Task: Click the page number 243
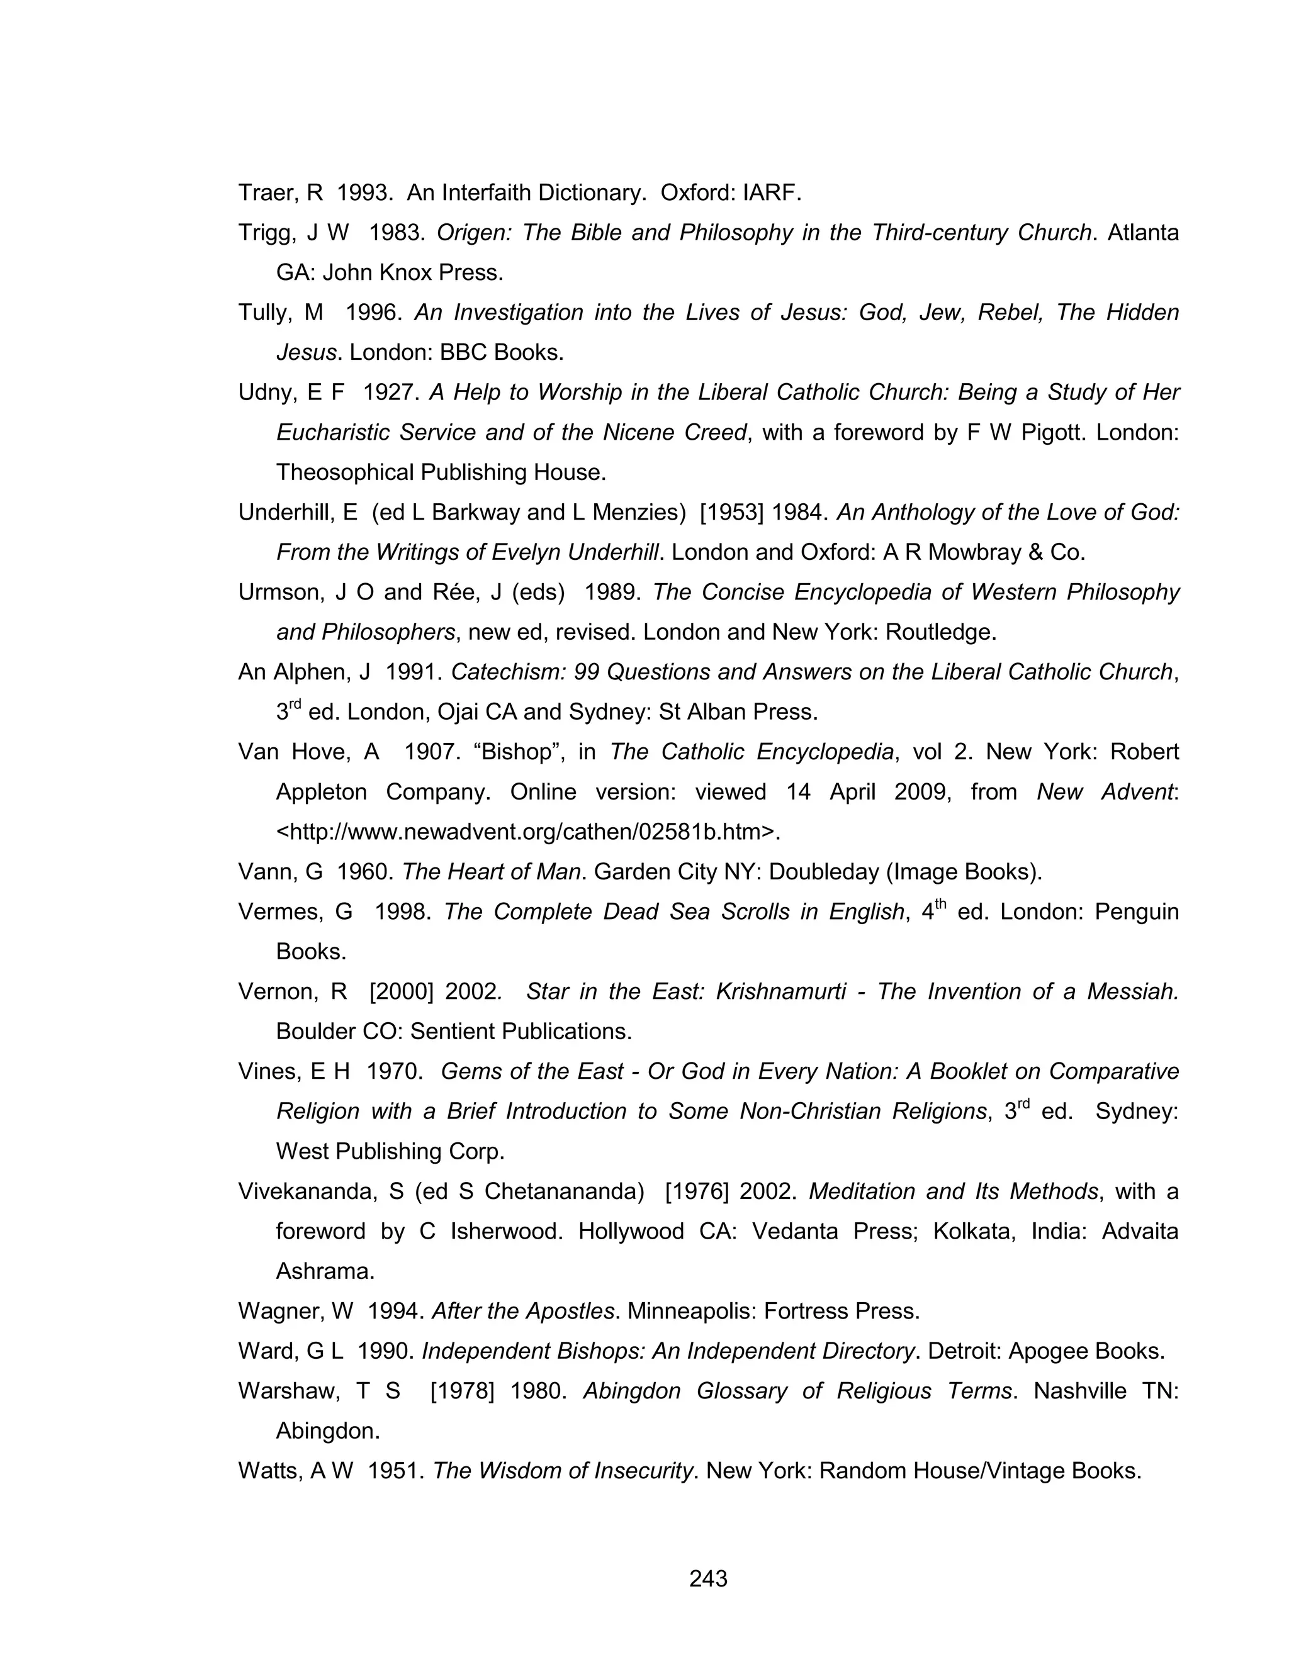point(708,1578)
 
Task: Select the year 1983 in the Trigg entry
point(395,233)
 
